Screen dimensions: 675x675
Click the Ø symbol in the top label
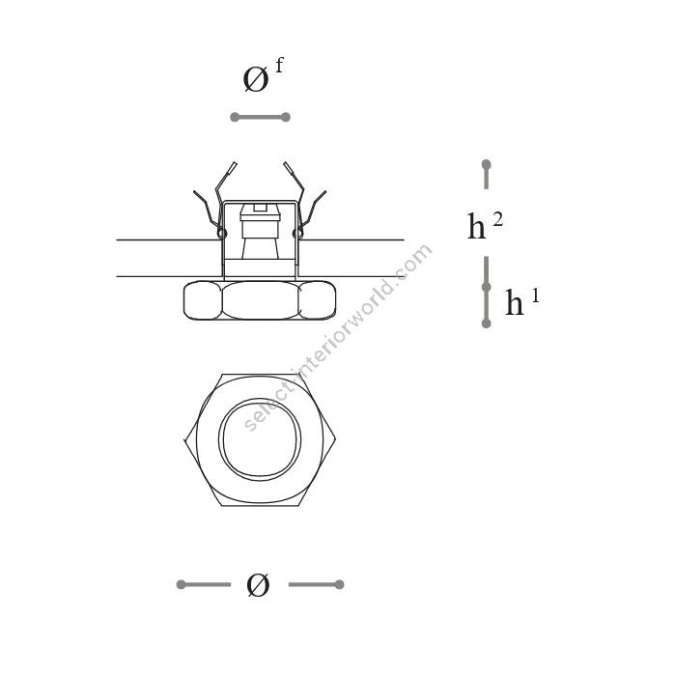256,80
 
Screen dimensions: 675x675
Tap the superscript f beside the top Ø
279,66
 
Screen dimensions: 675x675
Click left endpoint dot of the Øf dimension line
235,117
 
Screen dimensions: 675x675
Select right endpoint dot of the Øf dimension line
286,117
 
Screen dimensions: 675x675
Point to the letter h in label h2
477,226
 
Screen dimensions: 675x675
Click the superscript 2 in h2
497,220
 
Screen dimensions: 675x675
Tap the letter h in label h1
515,302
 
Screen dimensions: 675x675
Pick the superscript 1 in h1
535,295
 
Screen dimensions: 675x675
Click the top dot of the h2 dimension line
487,164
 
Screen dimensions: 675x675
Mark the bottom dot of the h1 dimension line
487,323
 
